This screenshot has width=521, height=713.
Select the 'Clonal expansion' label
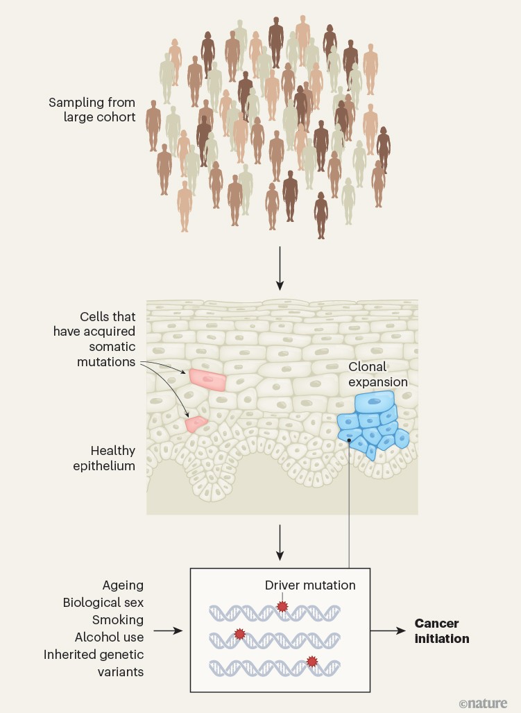coord(379,375)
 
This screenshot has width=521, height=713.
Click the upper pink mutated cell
coord(208,379)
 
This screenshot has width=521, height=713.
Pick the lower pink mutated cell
coord(197,422)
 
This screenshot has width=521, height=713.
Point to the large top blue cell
coord(374,403)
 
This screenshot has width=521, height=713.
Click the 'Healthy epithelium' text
coord(104,458)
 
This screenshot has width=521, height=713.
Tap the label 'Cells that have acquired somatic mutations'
coord(94,338)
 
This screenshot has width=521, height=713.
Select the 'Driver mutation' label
coord(310,585)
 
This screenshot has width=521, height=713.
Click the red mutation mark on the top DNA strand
coord(282,606)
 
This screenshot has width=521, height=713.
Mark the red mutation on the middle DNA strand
coord(240,633)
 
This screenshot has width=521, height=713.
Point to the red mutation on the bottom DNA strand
coord(311,662)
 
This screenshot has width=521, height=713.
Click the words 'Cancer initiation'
coord(442,630)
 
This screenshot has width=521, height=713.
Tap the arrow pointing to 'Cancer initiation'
coord(388,630)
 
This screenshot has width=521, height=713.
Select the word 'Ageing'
coord(123,585)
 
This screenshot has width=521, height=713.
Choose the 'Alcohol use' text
coord(110,637)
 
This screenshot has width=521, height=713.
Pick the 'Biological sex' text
coord(104,602)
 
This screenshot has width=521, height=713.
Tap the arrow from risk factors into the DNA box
coord(169,630)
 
